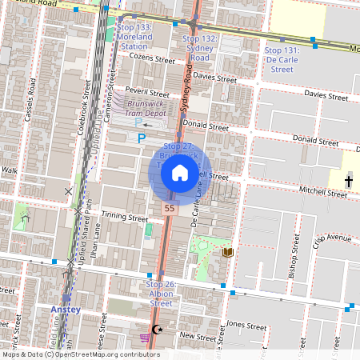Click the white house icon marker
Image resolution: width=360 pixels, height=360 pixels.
tap(180, 172)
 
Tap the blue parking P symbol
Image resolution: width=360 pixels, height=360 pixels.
tap(142, 138)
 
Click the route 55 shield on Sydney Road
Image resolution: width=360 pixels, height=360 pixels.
tap(169, 208)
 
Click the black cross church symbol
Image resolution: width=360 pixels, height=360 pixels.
tap(348, 182)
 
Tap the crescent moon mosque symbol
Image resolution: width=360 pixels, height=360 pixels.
tap(157, 329)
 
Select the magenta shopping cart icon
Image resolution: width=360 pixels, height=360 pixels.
tap(145, 338)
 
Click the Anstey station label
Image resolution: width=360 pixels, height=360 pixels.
tap(65, 309)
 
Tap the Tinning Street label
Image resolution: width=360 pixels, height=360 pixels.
tap(125, 218)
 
